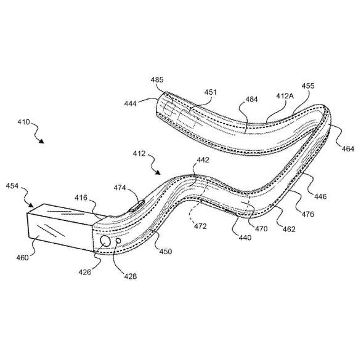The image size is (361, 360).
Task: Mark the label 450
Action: click(x=166, y=251)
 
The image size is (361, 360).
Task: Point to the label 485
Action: click(x=158, y=80)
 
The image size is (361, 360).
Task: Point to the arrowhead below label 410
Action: click(x=42, y=141)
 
